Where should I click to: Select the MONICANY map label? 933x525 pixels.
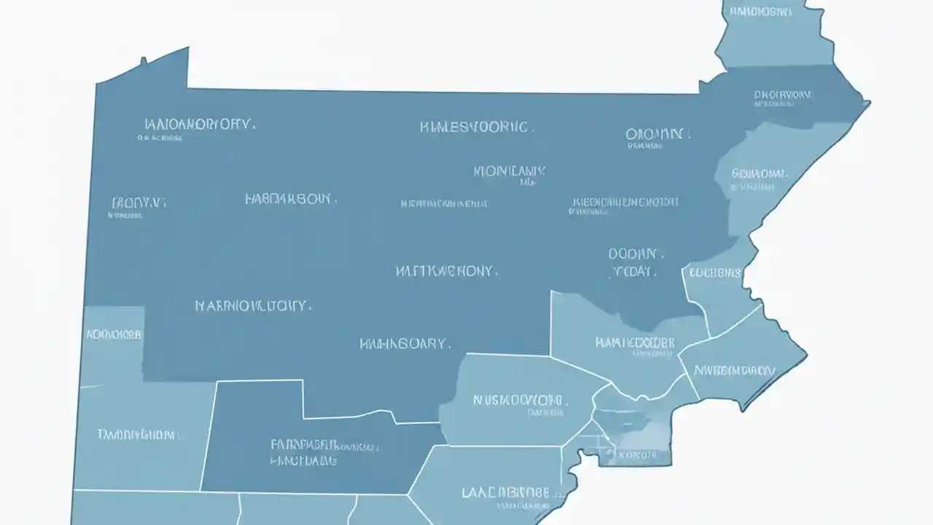pos(509,172)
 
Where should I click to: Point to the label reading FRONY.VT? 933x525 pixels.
pos(138,203)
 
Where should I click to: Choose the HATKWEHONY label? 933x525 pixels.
pos(447,271)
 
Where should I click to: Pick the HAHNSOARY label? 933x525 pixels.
pos(405,343)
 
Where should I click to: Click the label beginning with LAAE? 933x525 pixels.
pos(505,492)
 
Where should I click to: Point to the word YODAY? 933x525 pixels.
pos(632,271)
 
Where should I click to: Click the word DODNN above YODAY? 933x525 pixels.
pos(635,254)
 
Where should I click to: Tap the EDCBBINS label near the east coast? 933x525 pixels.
pos(714,273)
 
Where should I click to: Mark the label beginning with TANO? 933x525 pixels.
pos(138,435)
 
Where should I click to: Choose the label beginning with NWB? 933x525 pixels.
pos(735,370)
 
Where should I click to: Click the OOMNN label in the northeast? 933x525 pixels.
pos(655,134)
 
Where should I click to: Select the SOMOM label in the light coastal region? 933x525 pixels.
pos(760,174)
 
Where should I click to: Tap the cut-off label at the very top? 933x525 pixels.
pos(761,12)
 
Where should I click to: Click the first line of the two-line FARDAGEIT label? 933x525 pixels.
pos(324,444)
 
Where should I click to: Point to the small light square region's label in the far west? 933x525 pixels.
pos(114,335)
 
